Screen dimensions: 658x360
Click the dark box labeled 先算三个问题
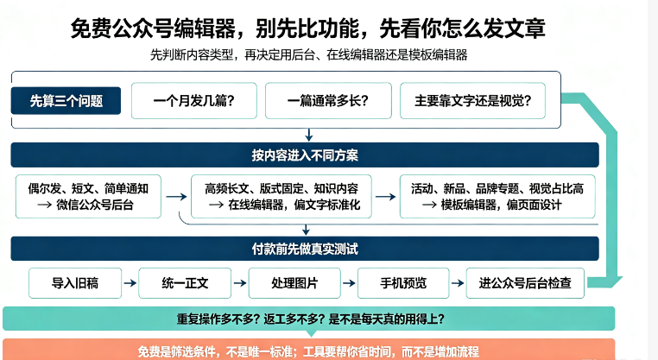click(x=66, y=101)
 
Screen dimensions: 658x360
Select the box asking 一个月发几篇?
click(x=194, y=101)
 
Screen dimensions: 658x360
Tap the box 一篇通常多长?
click(x=328, y=101)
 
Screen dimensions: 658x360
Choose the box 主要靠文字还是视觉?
click(x=472, y=101)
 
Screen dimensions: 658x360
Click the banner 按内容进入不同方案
click(x=305, y=155)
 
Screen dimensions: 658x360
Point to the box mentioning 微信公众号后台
click(x=88, y=196)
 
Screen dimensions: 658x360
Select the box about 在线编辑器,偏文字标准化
click(x=282, y=196)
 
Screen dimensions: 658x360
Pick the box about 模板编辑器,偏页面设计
click(x=497, y=196)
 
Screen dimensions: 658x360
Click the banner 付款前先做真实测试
click(x=305, y=249)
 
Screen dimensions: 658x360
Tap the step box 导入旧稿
click(x=75, y=283)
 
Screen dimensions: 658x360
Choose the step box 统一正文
click(x=185, y=283)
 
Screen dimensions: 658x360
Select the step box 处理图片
click(x=294, y=283)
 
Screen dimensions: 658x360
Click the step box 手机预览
click(x=403, y=283)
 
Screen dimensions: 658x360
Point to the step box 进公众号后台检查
click(x=525, y=283)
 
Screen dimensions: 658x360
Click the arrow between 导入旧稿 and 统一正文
click(x=130, y=283)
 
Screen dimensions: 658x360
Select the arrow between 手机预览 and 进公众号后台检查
click(x=458, y=283)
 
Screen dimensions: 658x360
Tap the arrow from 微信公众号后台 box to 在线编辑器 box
click(x=176, y=196)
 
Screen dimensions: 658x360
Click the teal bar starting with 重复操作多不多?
click(x=309, y=319)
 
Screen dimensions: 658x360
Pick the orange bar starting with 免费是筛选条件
click(x=309, y=351)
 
